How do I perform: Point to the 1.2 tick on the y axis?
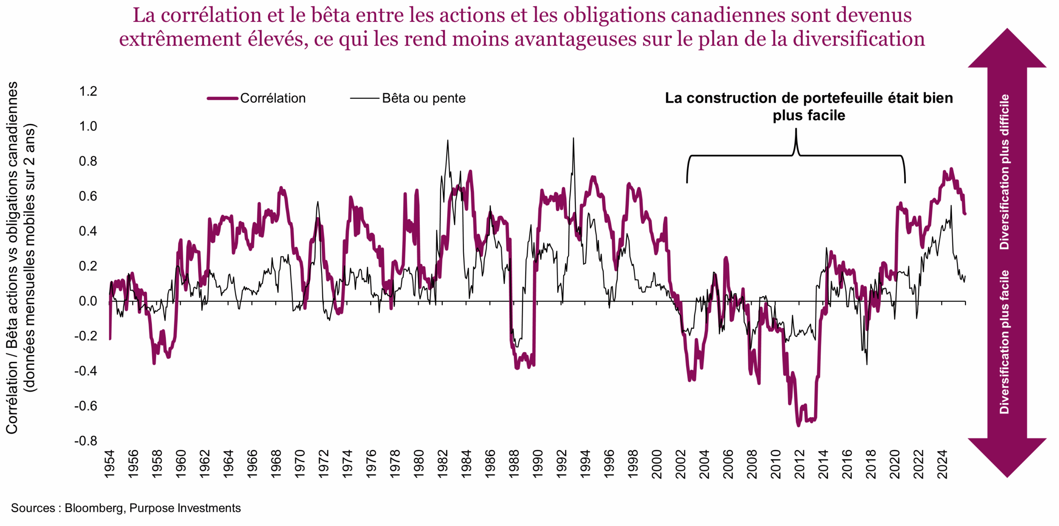(x=88, y=91)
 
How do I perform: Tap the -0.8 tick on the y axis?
(x=86, y=441)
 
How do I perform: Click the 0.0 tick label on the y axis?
(x=88, y=301)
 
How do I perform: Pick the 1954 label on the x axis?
(x=110, y=464)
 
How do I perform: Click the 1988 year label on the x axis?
(x=514, y=464)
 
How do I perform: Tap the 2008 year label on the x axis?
(x=752, y=464)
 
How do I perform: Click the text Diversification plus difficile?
(x=1004, y=171)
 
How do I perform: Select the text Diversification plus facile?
(x=1004, y=342)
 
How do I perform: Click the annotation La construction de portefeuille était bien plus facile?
(x=808, y=106)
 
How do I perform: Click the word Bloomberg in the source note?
(x=93, y=508)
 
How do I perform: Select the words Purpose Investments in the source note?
(x=185, y=508)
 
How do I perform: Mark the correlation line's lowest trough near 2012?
(x=798, y=425)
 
